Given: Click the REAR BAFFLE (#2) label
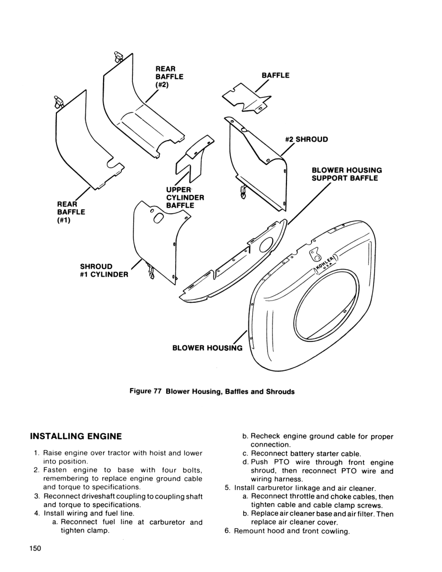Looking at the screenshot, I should (x=169, y=77).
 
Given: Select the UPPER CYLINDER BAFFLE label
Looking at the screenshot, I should (x=185, y=197).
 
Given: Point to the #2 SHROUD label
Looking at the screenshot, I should (x=306, y=140).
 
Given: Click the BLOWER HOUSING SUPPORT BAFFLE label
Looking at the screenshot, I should (x=347, y=174).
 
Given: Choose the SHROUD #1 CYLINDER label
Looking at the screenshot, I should (x=104, y=271).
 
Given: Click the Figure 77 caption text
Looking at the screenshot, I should (x=212, y=391).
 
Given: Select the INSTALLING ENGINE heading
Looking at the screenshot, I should (x=76, y=437).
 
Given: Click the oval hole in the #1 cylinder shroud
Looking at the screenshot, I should (x=158, y=218).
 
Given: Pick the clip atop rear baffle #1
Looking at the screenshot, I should (x=59, y=102).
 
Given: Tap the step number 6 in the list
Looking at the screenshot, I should (x=227, y=532).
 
